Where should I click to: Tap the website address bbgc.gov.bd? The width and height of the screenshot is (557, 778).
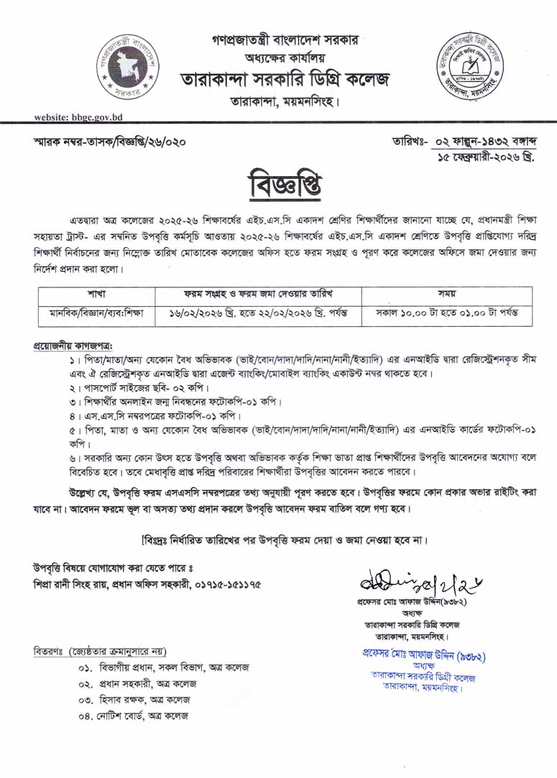79,117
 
